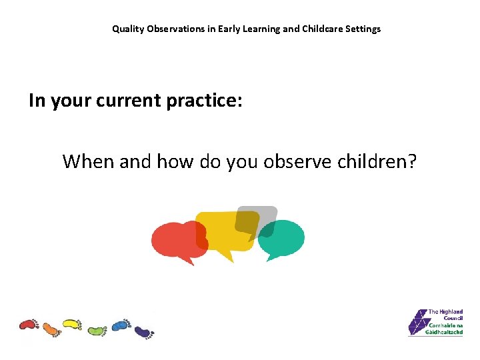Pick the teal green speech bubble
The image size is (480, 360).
point(283,239)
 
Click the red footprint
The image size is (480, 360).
point(29,325)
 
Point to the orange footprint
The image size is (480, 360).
point(51,328)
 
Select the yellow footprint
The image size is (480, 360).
point(72,325)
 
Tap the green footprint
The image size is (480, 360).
point(97,330)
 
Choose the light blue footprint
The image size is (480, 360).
point(121,325)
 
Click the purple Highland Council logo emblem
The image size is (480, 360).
point(418,322)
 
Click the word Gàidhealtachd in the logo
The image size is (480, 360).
point(445,331)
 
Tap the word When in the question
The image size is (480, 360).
point(87,161)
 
